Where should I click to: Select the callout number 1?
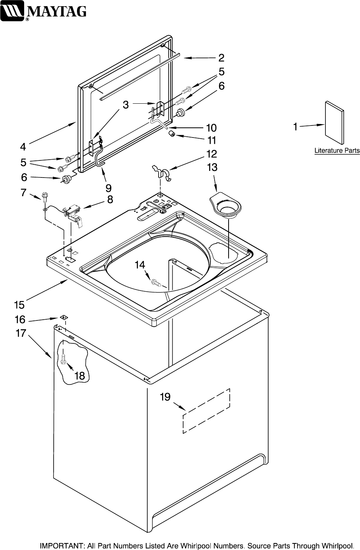pos(295,127)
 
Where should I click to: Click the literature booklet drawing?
pos(334,122)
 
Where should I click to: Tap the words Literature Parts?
pos(337,151)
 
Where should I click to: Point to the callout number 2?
pos(221,58)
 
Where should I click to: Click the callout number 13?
pos(212,167)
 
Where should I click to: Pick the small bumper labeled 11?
pos(171,134)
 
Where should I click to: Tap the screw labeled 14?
pos(157,282)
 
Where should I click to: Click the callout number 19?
pos(165,397)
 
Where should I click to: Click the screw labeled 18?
pos(63,360)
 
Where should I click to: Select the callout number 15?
pos(19,305)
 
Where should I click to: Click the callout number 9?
pos(108,188)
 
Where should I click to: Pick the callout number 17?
pos(21,333)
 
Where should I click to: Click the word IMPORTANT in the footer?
pos(61,545)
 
